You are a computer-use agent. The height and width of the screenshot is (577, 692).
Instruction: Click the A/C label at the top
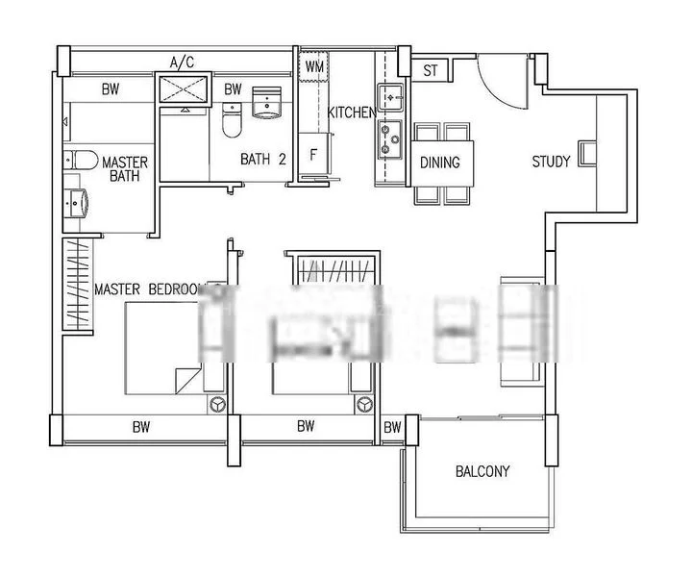point(183,63)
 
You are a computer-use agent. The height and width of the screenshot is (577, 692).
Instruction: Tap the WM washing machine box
point(314,67)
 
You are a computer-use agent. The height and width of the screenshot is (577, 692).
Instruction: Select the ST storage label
point(430,70)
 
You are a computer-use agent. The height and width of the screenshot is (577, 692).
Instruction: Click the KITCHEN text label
point(352,113)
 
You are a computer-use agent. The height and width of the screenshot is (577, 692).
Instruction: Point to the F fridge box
point(313,154)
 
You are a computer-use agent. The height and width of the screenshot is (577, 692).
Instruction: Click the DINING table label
point(440,163)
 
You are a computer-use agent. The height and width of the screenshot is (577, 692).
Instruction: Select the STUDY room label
point(552,162)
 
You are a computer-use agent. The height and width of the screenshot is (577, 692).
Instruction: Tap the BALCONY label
point(482,471)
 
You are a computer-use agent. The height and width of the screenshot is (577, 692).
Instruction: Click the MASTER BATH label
point(124,169)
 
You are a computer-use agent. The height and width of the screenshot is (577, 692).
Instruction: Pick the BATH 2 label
point(262,162)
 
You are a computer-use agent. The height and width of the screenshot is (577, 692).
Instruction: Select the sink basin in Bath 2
point(265,103)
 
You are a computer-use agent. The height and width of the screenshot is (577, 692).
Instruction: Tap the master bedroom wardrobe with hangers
point(78,287)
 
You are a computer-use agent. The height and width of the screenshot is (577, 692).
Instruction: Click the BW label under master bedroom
point(141,426)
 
